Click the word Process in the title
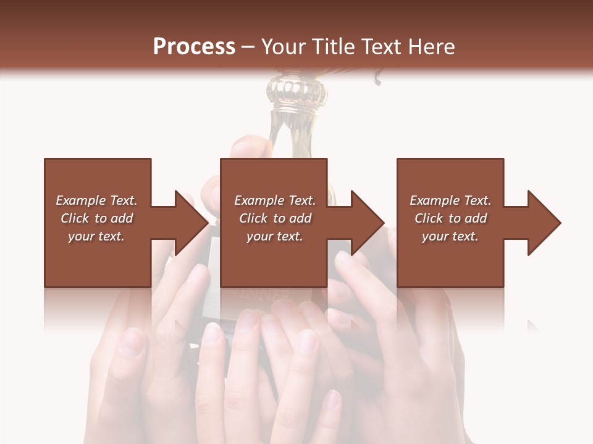[x=194, y=47]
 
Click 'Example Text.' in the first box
[x=96, y=200]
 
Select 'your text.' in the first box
[x=96, y=236]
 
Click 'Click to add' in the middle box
[x=275, y=218]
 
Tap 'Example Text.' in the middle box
[x=275, y=200]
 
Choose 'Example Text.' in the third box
[x=450, y=200]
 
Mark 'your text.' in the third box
[x=450, y=236]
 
